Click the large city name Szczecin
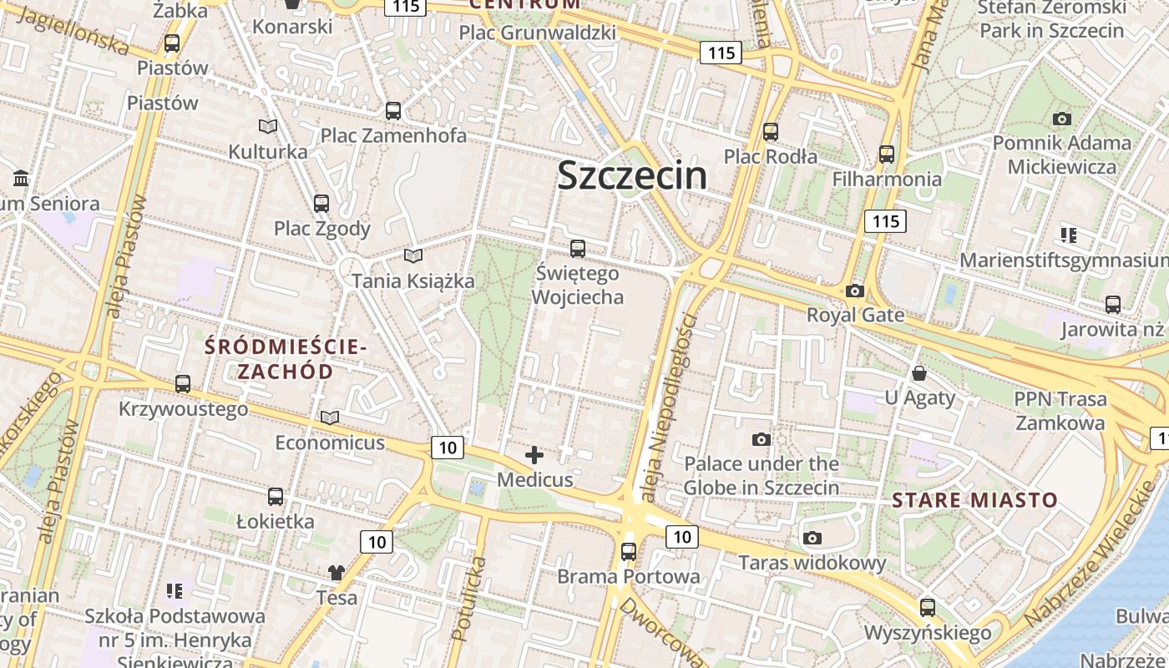(632, 175)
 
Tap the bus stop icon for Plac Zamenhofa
(392, 110)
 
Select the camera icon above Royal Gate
(854, 291)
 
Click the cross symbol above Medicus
(534, 455)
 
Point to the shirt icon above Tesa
(336, 573)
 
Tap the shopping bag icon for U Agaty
(919, 372)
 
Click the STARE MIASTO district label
(974, 501)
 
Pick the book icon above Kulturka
(267, 126)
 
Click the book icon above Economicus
(330, 417)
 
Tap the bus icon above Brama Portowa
(629, 552)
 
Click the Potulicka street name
(468, 599)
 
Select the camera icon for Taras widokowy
(812, 539)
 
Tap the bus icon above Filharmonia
(887, 154)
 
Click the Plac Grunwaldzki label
(538, 33)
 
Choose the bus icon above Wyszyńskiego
(927, 608)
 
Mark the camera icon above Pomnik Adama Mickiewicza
(1061, 119)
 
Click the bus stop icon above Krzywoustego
(183, 384)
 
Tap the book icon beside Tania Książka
(412, 256)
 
